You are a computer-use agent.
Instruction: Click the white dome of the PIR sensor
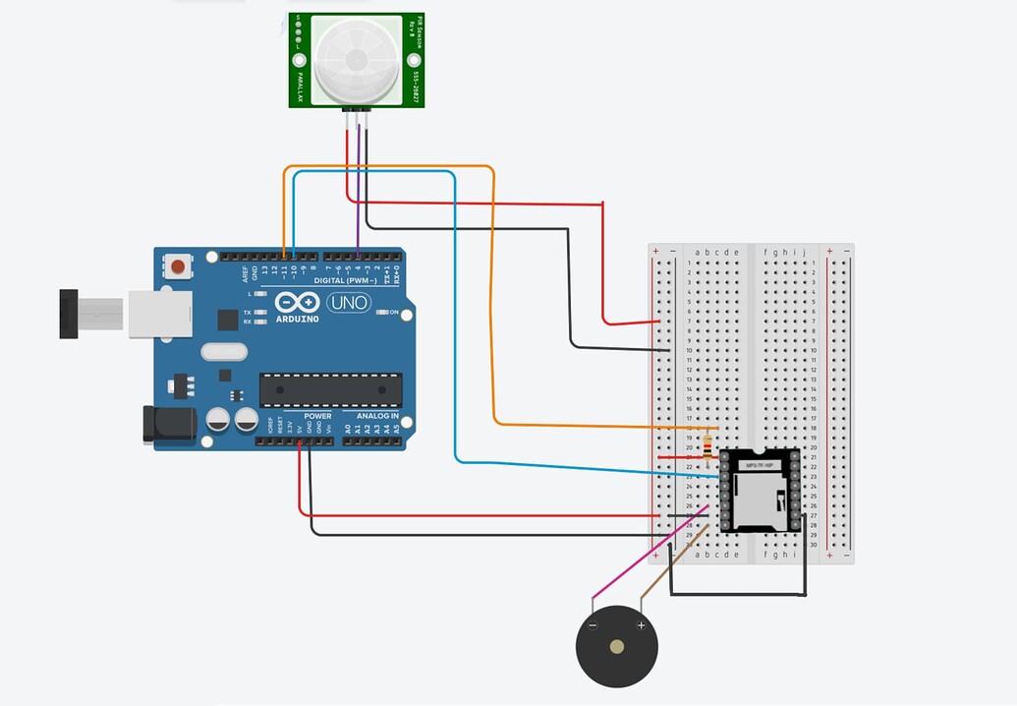click(356, 59)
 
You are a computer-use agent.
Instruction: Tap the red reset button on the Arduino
click(179, 265)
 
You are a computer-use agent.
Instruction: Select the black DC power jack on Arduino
click(163, 423)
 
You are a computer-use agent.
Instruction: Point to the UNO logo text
click(348, 303)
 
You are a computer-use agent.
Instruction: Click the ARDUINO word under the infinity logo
click(296, 319)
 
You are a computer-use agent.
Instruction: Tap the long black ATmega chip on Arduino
click(330, 390)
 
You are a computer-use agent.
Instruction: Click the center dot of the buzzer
click(616, 647)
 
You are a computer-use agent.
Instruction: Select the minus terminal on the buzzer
click(593, 625)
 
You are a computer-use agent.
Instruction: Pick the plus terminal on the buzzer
click(641, 625)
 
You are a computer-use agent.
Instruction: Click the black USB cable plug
click(68, 314)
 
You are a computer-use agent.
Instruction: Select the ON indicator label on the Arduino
click(393, 313)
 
